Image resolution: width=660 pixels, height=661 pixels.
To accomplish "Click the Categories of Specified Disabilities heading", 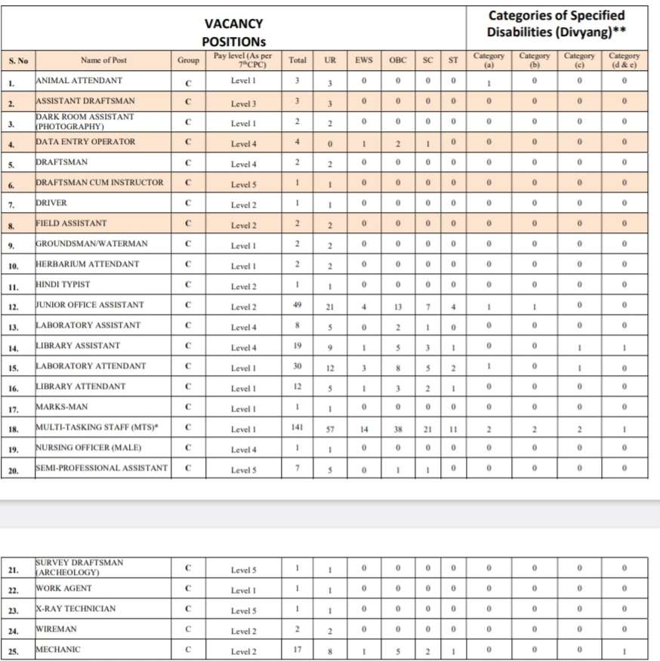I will [557, 23].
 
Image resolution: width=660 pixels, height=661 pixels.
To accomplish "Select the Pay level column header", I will [243, 60].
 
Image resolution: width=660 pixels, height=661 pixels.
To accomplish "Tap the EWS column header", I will [364, 60].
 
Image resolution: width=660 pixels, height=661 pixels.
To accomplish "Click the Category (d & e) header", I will [624, 60].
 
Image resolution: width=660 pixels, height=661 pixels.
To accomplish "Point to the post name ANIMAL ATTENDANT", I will [79, 80].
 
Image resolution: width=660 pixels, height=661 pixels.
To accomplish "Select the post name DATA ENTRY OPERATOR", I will [85, 141].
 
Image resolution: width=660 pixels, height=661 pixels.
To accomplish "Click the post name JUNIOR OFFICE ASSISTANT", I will [90, 305].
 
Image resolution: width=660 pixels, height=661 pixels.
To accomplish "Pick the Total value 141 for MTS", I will [298, 428].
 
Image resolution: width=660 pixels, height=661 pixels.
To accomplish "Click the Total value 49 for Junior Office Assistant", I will [298, 306].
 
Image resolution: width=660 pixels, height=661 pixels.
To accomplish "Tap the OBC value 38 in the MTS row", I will [398, 429].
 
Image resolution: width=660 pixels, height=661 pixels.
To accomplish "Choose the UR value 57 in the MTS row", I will [330, 429].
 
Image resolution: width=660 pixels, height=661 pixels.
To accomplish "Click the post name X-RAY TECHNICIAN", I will [76, 608].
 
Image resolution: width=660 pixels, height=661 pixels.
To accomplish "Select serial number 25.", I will [13, 650].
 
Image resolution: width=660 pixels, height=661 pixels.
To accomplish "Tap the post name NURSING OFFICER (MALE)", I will [88, 447].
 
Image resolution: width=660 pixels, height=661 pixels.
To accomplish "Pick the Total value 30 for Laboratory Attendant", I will [298, 367].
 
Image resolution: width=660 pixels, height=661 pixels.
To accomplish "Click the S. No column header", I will [17, 60].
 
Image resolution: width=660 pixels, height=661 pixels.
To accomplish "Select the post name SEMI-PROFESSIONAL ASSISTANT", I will [101, 468].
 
